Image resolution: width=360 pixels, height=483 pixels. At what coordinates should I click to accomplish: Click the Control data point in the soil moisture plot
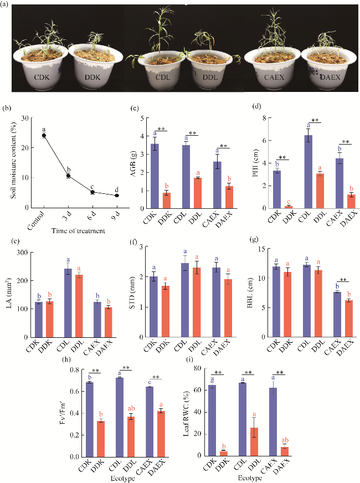coord(44,135)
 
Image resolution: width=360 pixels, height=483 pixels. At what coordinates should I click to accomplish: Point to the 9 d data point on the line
coord(116,196)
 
